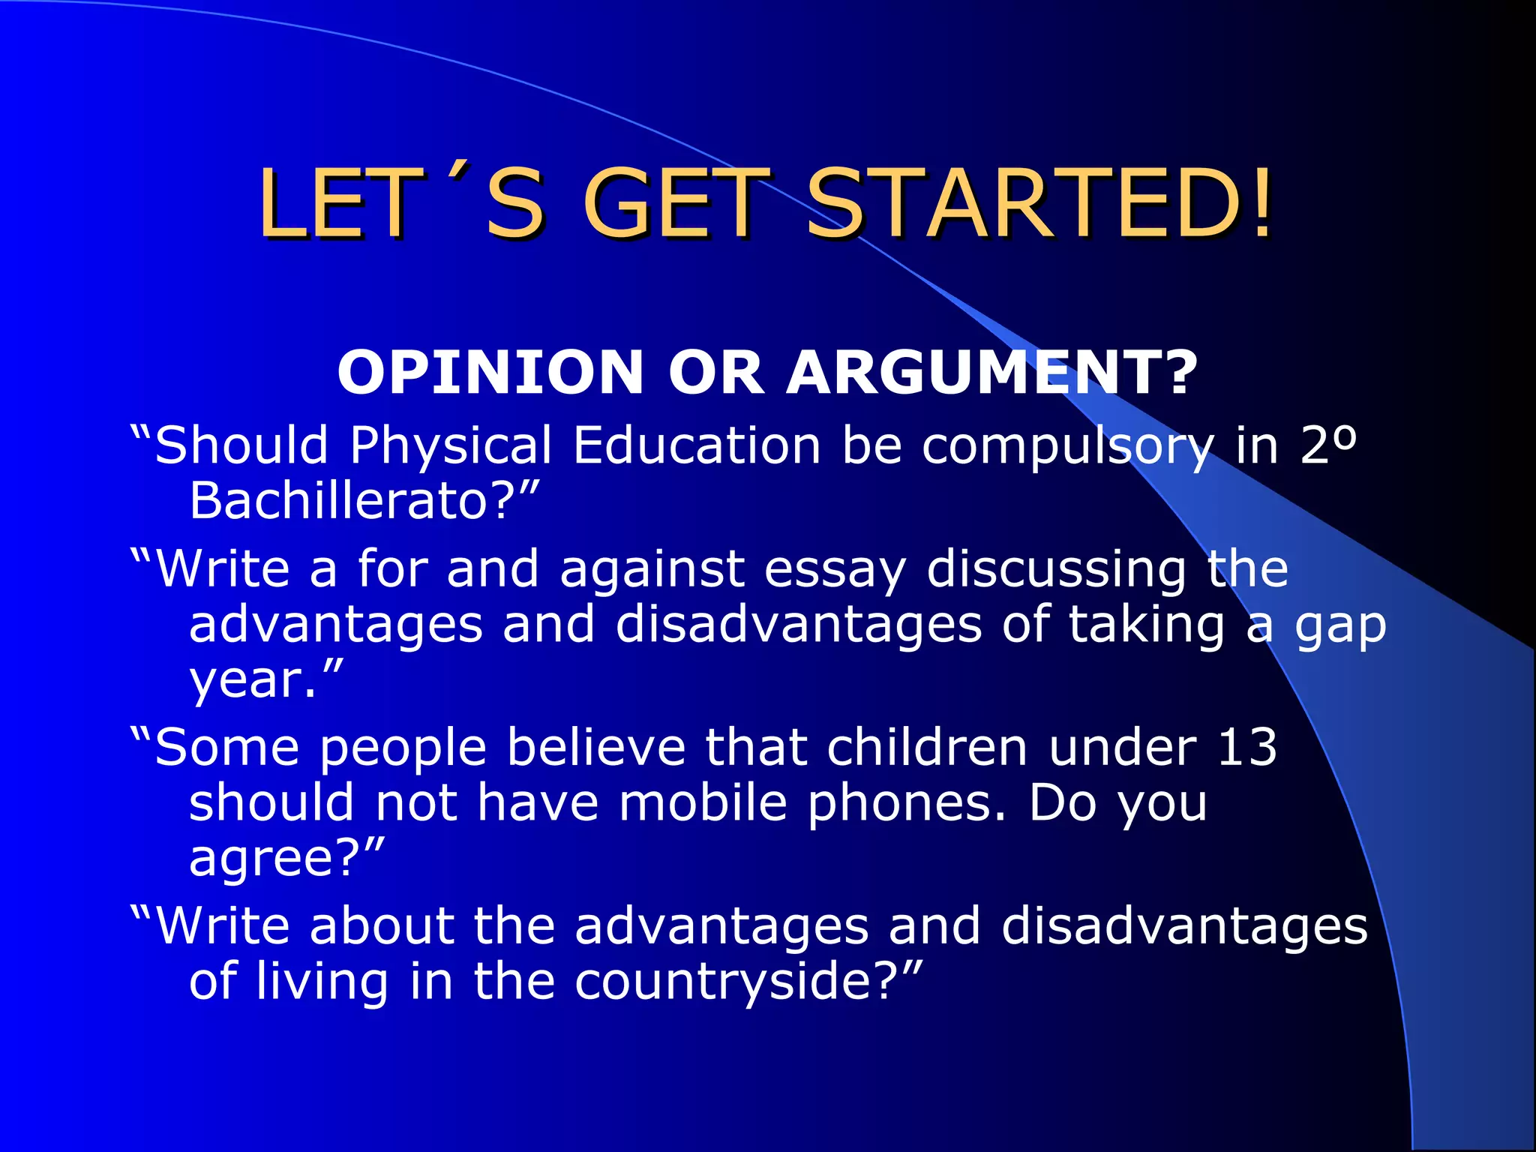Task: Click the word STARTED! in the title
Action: coord(1039,204)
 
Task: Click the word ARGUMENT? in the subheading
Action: coord(992,373)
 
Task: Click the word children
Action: coord(926,748)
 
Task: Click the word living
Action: coord(322,982)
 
